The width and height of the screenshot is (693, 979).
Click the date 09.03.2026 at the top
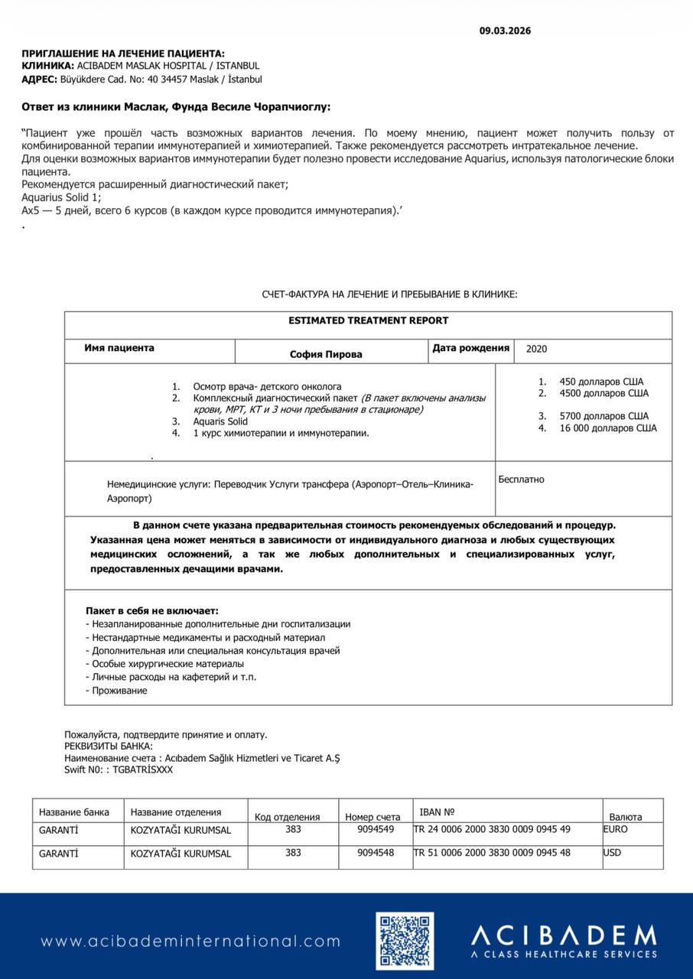point(505,31)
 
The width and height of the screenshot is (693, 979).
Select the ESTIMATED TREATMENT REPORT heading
point(369,320)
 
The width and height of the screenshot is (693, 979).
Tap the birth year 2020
point(537,349)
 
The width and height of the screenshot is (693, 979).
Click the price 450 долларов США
point(601,382)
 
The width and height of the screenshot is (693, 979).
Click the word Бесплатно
point(521,480)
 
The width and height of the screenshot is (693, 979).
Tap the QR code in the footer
point(404,941)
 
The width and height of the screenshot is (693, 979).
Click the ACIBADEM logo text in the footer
point(563,935)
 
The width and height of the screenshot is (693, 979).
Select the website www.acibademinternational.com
point(190,942)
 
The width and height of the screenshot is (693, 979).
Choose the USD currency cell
point(613,853)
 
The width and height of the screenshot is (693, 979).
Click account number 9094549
point(376,829)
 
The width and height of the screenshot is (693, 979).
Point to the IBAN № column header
point(438,811)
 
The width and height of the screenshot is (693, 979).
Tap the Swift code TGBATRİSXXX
point(143,769)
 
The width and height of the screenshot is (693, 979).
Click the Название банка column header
point(74,812)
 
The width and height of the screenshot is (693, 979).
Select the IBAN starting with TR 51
point(492,853)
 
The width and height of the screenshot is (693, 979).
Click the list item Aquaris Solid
point(220,421)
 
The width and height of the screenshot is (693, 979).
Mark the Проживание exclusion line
point(119,691)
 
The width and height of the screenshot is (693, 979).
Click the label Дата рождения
point(470,348)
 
